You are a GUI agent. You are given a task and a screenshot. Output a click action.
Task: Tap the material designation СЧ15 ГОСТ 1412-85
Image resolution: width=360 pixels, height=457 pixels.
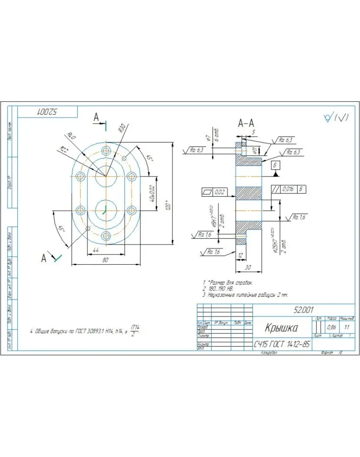click(x=282, y=345)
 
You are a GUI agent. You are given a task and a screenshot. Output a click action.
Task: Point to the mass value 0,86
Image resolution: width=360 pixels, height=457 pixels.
click(x=332, y=328)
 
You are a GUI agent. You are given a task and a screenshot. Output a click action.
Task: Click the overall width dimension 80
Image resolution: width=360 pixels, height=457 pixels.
click(x=106, y=260)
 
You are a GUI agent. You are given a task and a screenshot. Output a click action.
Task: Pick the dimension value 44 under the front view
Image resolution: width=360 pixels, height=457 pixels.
click(x=95, y=250)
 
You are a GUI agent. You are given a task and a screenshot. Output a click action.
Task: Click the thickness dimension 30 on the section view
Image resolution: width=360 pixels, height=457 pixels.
click(x=248, y=267)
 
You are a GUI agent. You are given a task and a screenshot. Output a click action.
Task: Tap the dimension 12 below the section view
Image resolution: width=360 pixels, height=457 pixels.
click(x=241, y=256)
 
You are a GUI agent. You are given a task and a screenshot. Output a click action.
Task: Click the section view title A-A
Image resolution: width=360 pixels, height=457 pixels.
click(x=246, y=124)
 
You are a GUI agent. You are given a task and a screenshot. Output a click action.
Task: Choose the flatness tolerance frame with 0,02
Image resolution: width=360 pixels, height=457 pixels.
click(x=214, y=192)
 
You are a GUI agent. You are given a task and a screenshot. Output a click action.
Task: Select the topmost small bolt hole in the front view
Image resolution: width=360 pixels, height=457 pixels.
click(x=106, y=150)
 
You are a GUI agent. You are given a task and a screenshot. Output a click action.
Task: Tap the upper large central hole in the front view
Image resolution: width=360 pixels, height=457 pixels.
click(x=106, y=176)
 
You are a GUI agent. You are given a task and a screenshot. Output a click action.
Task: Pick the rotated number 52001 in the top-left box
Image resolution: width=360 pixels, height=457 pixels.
click(x=48, y=112)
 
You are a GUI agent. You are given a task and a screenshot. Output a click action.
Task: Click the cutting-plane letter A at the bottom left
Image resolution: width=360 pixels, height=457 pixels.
click(x=44, y=258)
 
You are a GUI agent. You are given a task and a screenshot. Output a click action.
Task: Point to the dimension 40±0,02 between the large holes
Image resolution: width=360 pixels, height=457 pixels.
click(x=152, y=193)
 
